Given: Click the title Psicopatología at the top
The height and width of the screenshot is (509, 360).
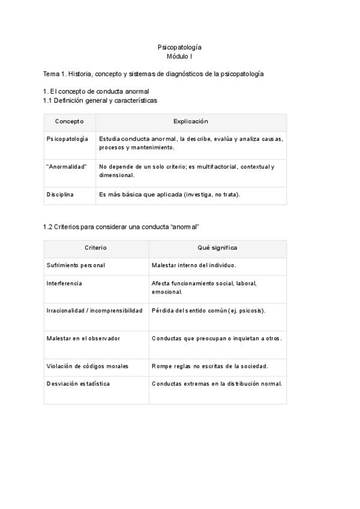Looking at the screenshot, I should point(179,47).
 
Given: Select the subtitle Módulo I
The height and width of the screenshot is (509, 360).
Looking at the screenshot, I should point(179,56).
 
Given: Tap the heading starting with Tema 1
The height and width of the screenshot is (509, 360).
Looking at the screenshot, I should point(153,74).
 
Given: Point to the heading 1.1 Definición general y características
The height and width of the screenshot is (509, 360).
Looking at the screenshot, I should point(100,100).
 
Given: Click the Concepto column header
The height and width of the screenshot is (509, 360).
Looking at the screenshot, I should point(70,121).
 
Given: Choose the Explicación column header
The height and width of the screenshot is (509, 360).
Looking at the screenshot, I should point(191,121).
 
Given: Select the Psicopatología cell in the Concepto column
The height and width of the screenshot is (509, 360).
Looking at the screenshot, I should point(67,139).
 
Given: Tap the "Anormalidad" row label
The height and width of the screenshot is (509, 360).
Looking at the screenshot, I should point(67,166).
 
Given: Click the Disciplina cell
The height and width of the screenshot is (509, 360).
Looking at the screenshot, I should point(60,194).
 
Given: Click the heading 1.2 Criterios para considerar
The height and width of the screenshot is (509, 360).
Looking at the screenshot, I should point(121,227).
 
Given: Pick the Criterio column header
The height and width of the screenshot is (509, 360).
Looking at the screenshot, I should point(96,247).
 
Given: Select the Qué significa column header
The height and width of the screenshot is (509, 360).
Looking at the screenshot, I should point(217,247).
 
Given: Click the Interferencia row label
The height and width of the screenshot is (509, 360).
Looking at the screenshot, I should point(64,283).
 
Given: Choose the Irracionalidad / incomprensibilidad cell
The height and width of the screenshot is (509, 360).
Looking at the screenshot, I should point(94,310).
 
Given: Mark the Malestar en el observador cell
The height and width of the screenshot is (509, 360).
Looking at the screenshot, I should point(83,339).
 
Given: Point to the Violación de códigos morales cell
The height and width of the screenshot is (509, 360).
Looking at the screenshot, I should point(88,366).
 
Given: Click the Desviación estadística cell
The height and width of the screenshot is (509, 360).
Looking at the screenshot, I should point(78,384).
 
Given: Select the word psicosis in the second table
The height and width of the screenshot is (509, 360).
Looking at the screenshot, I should point(251,310).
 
